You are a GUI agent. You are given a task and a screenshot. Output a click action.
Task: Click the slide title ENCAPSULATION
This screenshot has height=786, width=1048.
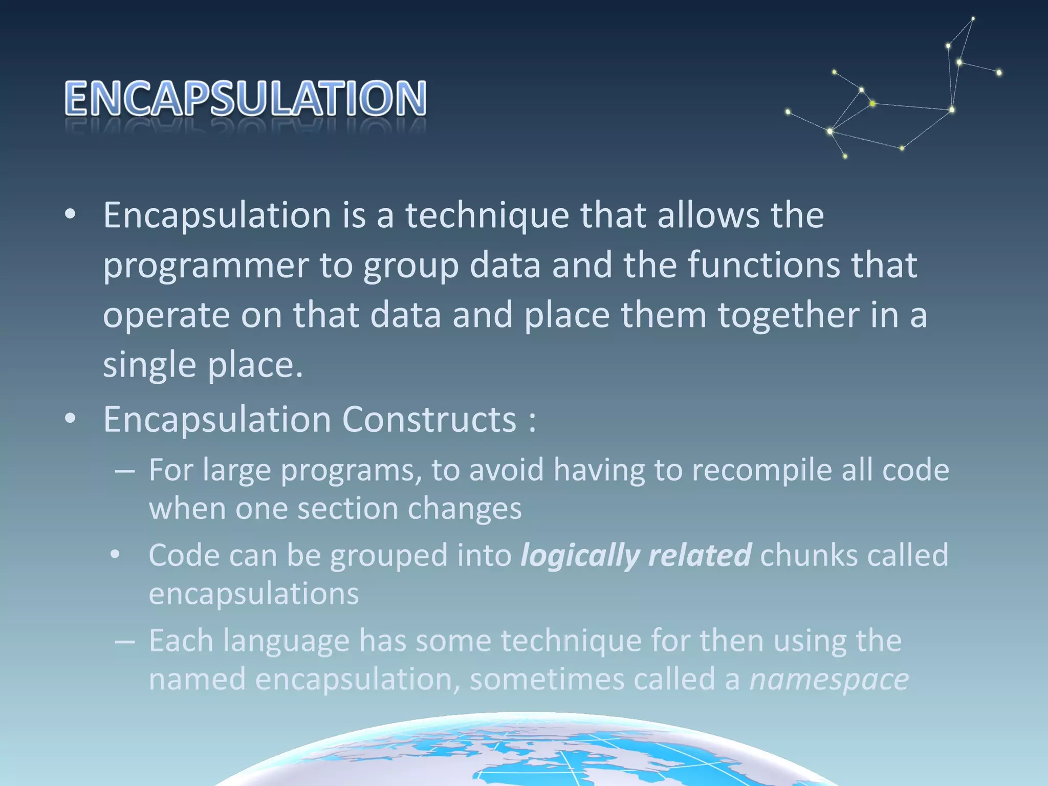pos(246,98)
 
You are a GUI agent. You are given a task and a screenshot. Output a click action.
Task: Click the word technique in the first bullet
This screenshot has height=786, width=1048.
pos(487,215)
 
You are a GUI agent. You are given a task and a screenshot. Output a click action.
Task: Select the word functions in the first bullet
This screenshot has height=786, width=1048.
pos(763,265)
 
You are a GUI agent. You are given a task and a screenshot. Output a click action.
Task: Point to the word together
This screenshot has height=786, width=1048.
pos(788,315)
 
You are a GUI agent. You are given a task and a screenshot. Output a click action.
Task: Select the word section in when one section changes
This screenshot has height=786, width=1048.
pos(348,509)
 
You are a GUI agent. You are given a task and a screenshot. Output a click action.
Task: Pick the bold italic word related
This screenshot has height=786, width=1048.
pos(700,555)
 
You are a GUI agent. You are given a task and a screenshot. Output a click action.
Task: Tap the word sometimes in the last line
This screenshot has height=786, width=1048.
pos(547,680)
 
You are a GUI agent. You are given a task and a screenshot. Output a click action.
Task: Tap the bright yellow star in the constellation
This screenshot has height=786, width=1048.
pos(872,104)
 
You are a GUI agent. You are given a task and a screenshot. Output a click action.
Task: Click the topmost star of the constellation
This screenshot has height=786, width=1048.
pos(973,19)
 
